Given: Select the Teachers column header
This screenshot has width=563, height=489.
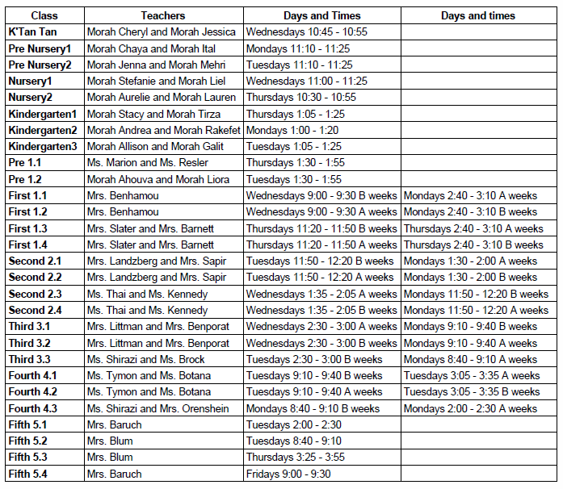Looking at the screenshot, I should [163, 15].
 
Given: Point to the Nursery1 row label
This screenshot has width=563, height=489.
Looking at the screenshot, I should [30, 81].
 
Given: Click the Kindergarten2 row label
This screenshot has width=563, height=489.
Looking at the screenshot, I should [43, 130].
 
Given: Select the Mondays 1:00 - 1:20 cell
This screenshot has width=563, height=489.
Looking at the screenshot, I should [292, 130].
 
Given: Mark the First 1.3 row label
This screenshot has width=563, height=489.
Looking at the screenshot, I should [28, 228].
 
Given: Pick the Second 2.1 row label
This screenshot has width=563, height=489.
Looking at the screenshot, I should [35, 261].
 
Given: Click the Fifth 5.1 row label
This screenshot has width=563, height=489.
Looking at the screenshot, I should [28, 424].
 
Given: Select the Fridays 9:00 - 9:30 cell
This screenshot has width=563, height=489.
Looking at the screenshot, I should [288, 474].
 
